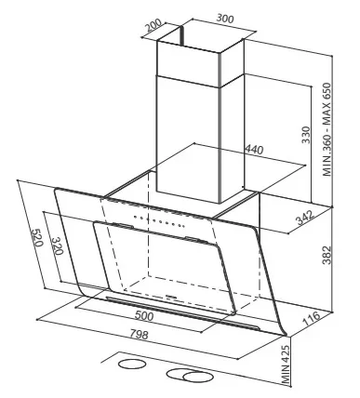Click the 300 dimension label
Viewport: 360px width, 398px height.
click(225, 19)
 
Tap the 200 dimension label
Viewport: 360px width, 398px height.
click(153, 25)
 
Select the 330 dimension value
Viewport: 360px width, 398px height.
click(306, 135)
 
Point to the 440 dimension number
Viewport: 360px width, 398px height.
click(254, 150)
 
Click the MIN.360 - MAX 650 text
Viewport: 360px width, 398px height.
click(327, 129)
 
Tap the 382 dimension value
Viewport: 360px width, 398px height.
click(327, 255)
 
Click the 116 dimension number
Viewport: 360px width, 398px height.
click(311, 319)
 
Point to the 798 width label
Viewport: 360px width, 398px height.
click(139, 334)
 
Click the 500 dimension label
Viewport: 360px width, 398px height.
click(144, 315)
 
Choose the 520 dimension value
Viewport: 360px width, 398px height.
click(36, 237)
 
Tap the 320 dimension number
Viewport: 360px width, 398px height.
click(57, 245)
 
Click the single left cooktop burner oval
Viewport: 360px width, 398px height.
click(132, 365)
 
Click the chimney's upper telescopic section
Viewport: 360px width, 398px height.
click(200, 58)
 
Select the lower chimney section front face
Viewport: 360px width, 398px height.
click(188, 139)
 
